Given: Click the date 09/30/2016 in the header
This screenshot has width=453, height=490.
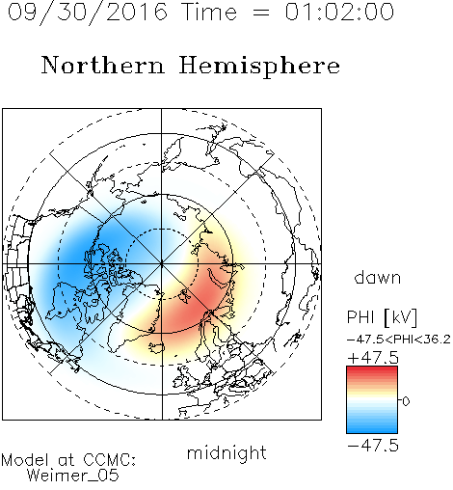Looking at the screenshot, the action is point(88,13).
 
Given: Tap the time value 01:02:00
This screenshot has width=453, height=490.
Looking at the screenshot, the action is point(339,12).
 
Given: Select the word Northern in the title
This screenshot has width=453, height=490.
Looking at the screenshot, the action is point(103,65).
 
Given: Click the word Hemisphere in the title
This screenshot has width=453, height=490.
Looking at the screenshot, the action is point(259,66).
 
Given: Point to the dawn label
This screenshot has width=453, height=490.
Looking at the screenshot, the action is point(378,277).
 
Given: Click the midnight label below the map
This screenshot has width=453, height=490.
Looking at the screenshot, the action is point(226,453).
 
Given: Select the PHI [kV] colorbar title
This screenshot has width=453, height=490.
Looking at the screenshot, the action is point(382,317).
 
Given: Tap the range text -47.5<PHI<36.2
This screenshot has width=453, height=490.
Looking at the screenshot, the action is point(399,340).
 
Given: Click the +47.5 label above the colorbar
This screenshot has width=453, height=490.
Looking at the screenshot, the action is point(373,358).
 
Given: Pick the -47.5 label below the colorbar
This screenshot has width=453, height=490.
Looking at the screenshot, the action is point(373,446).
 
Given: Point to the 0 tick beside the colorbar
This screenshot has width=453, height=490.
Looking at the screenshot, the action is point(406,401).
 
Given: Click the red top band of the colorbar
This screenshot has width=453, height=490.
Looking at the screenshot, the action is point(372,370).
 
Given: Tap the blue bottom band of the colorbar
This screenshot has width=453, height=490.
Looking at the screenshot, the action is point(372,429).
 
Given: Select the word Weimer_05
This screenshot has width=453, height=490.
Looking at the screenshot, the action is point(73,476).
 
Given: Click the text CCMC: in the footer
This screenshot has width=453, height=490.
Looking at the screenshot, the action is point(109,460).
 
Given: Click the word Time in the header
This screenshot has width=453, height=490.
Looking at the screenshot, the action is point(209,12).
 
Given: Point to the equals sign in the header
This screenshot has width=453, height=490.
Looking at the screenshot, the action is point(260,13).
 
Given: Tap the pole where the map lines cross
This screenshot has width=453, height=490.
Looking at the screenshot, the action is point(162,264).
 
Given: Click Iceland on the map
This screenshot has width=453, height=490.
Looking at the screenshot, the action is point(156,347).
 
